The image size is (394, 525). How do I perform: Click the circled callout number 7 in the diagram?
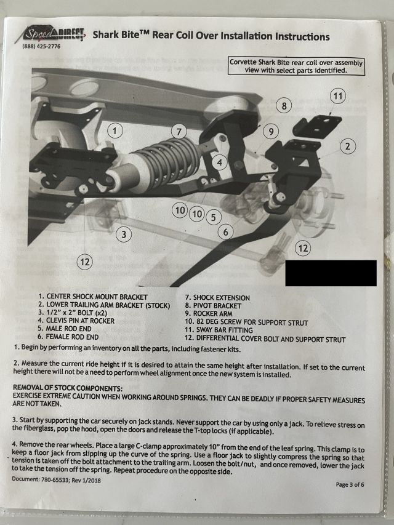click(x=179, y=132)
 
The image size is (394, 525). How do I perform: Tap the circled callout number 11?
click(x=338, y=97)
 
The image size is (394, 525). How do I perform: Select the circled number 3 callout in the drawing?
click(x=124, y=234)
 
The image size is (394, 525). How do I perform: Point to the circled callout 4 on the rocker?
click(x=219, y=162)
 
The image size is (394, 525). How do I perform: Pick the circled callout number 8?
click(x=284, y=106)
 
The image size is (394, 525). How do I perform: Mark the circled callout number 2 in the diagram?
click(x=347, y=146)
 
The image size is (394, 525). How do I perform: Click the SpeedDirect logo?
click(x=50, y=34)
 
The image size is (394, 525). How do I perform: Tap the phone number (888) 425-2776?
click(x=41, y=47)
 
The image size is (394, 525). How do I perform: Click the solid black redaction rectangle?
click(x=331, y=273)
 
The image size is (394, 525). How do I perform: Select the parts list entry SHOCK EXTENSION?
click(x=218, y=298)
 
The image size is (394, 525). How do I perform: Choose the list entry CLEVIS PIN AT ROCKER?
click(x=76, y=321)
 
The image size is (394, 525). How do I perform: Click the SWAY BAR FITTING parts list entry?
click(x=219, y=330)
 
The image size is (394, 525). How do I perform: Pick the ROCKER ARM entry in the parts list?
click(x=209, y=314)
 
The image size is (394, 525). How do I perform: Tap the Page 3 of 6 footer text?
click(x=350, y=484)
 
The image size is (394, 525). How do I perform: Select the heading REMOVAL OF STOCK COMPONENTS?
click(x=68, y=388)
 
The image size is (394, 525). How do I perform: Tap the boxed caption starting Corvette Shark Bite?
click(x=296, y=66)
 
